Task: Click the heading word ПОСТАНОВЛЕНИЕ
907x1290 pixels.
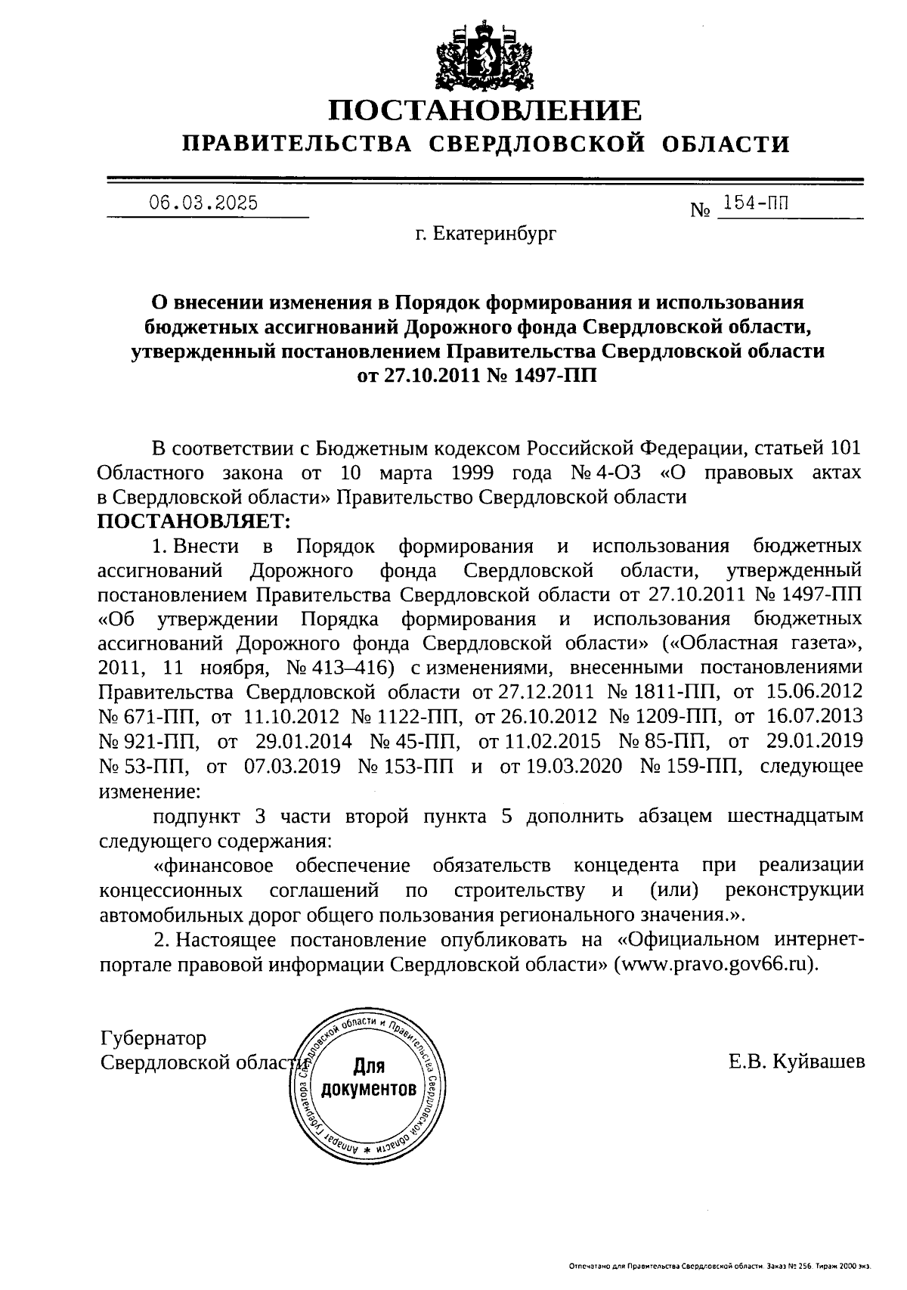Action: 484,111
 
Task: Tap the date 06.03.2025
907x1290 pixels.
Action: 203,203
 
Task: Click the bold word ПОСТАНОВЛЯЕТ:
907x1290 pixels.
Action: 193,522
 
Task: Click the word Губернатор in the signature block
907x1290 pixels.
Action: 153,1037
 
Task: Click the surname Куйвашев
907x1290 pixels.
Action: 818,1062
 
